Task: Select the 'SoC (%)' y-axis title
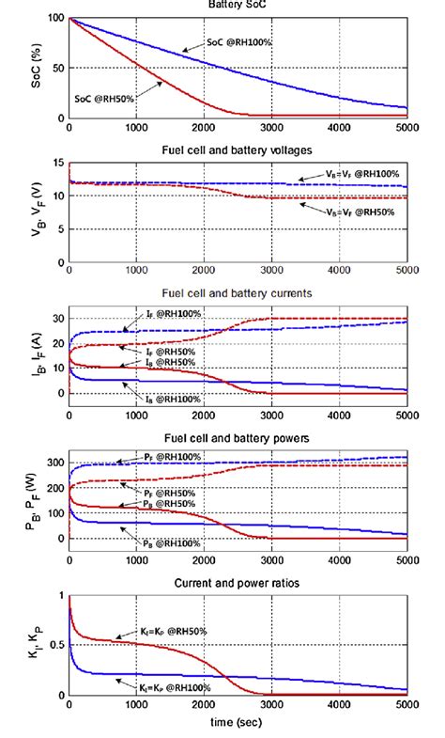pyautogui.click(x=35, y=69)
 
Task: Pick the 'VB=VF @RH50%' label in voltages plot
pyautogui.click(x=361, y=213)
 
